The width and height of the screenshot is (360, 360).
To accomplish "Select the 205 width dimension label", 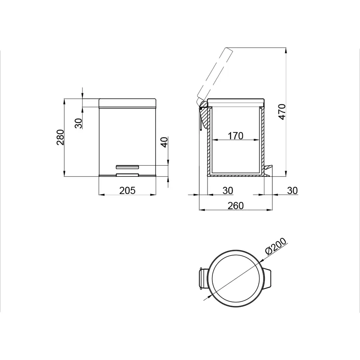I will (x=127, y=190).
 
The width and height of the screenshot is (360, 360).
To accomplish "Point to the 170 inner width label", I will (x=236, y=136).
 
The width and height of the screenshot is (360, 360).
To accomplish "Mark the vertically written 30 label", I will (x=79, y=122).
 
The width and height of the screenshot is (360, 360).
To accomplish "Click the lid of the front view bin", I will (x=127, y=103).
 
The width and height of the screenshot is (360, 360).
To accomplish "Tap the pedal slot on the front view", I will (x=127, y=166).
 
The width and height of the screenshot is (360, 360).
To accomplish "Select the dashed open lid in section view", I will (x=214, y=74).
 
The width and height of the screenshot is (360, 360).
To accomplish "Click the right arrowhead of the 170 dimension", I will (x=256, y=140).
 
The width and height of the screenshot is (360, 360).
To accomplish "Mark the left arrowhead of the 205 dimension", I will (x=101, y=195).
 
